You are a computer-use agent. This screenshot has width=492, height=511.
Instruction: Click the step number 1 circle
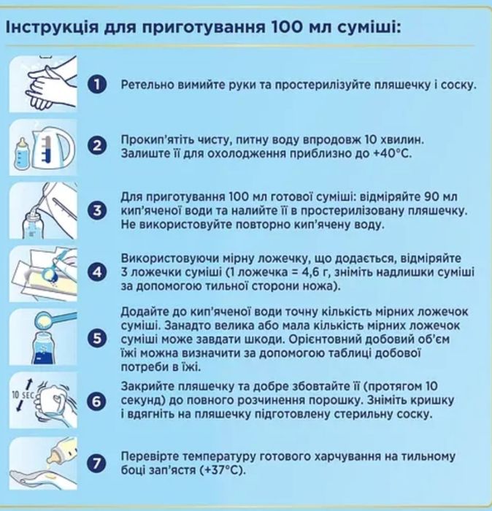click(x=97, y=85)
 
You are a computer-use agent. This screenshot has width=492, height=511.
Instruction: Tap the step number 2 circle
click(x=97, y=146)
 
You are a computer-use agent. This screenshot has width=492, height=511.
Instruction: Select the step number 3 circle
click(x=97, y=211)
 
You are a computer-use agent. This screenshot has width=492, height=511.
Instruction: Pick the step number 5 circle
click(x=97, y=338)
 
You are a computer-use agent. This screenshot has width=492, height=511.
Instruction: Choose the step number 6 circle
click(x=97, y=401)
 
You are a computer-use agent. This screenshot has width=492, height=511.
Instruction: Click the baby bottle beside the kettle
click(x=21, y=153)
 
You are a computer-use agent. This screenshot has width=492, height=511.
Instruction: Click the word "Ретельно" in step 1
click(x=145, y=85)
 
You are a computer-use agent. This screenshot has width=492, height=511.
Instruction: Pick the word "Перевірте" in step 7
click(x=148, y=457)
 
